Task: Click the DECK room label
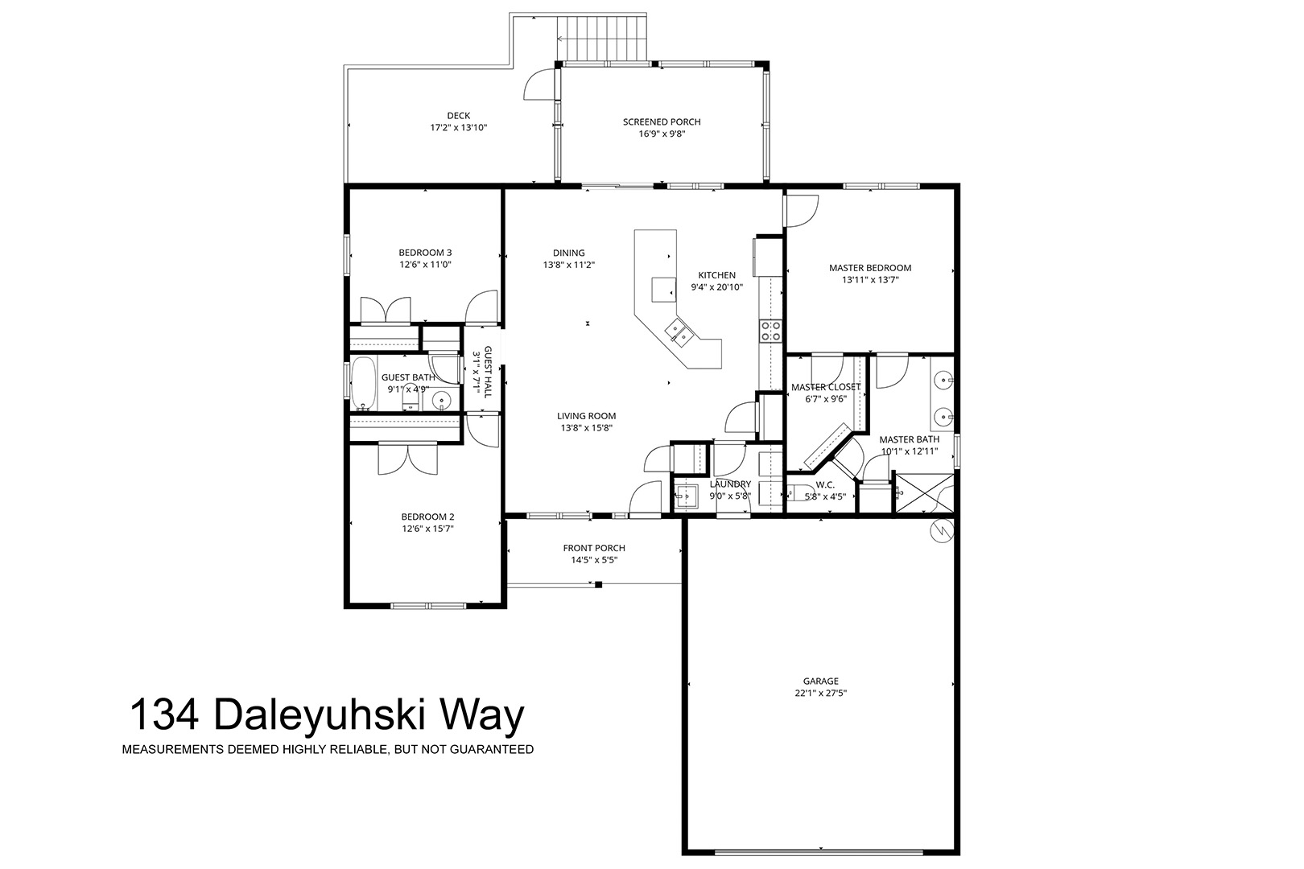click(x=459, y=116)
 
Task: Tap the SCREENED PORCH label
click(x=662, y=121)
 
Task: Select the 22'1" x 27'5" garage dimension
click(x=821, y=693)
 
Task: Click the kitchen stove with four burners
click(x=770, y=332)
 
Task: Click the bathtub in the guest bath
click(x=363, y=383)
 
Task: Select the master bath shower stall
click(x=924, y=493)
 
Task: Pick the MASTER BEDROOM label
click(x=870, y=268)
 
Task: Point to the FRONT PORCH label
click(x=594, y=548)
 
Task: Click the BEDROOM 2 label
click(x=428, y=517)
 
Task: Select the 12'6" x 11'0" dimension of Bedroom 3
click(x=426, y=264)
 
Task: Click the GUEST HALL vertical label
click(x=488, y=372)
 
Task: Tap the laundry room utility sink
click(x=687, y=496)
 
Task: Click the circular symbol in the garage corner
click(x=942, y=531)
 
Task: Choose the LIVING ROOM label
click(x=586, y=415)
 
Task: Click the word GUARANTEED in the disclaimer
click(x=493, y=750)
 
